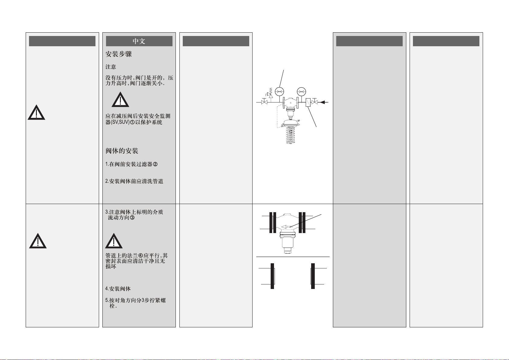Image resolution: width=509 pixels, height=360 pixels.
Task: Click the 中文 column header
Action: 139,41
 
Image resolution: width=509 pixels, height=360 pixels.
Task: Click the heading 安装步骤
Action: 118,54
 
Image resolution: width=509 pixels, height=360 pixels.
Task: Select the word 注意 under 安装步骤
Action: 111,67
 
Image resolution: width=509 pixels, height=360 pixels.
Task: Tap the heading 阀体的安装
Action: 122,151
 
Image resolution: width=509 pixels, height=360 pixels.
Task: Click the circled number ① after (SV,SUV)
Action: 132,122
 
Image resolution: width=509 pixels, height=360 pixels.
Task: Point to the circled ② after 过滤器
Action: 155,164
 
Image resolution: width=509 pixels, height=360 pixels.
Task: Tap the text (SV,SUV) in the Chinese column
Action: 120,122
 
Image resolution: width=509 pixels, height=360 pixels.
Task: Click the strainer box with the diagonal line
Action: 308,102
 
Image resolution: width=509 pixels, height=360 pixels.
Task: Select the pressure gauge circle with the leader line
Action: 280,91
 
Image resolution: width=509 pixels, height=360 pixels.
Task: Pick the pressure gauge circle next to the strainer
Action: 301,91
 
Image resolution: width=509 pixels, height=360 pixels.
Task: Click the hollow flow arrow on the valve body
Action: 286,227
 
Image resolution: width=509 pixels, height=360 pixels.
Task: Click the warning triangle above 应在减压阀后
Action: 120,100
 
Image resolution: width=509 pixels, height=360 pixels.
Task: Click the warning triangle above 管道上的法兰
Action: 114,241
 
